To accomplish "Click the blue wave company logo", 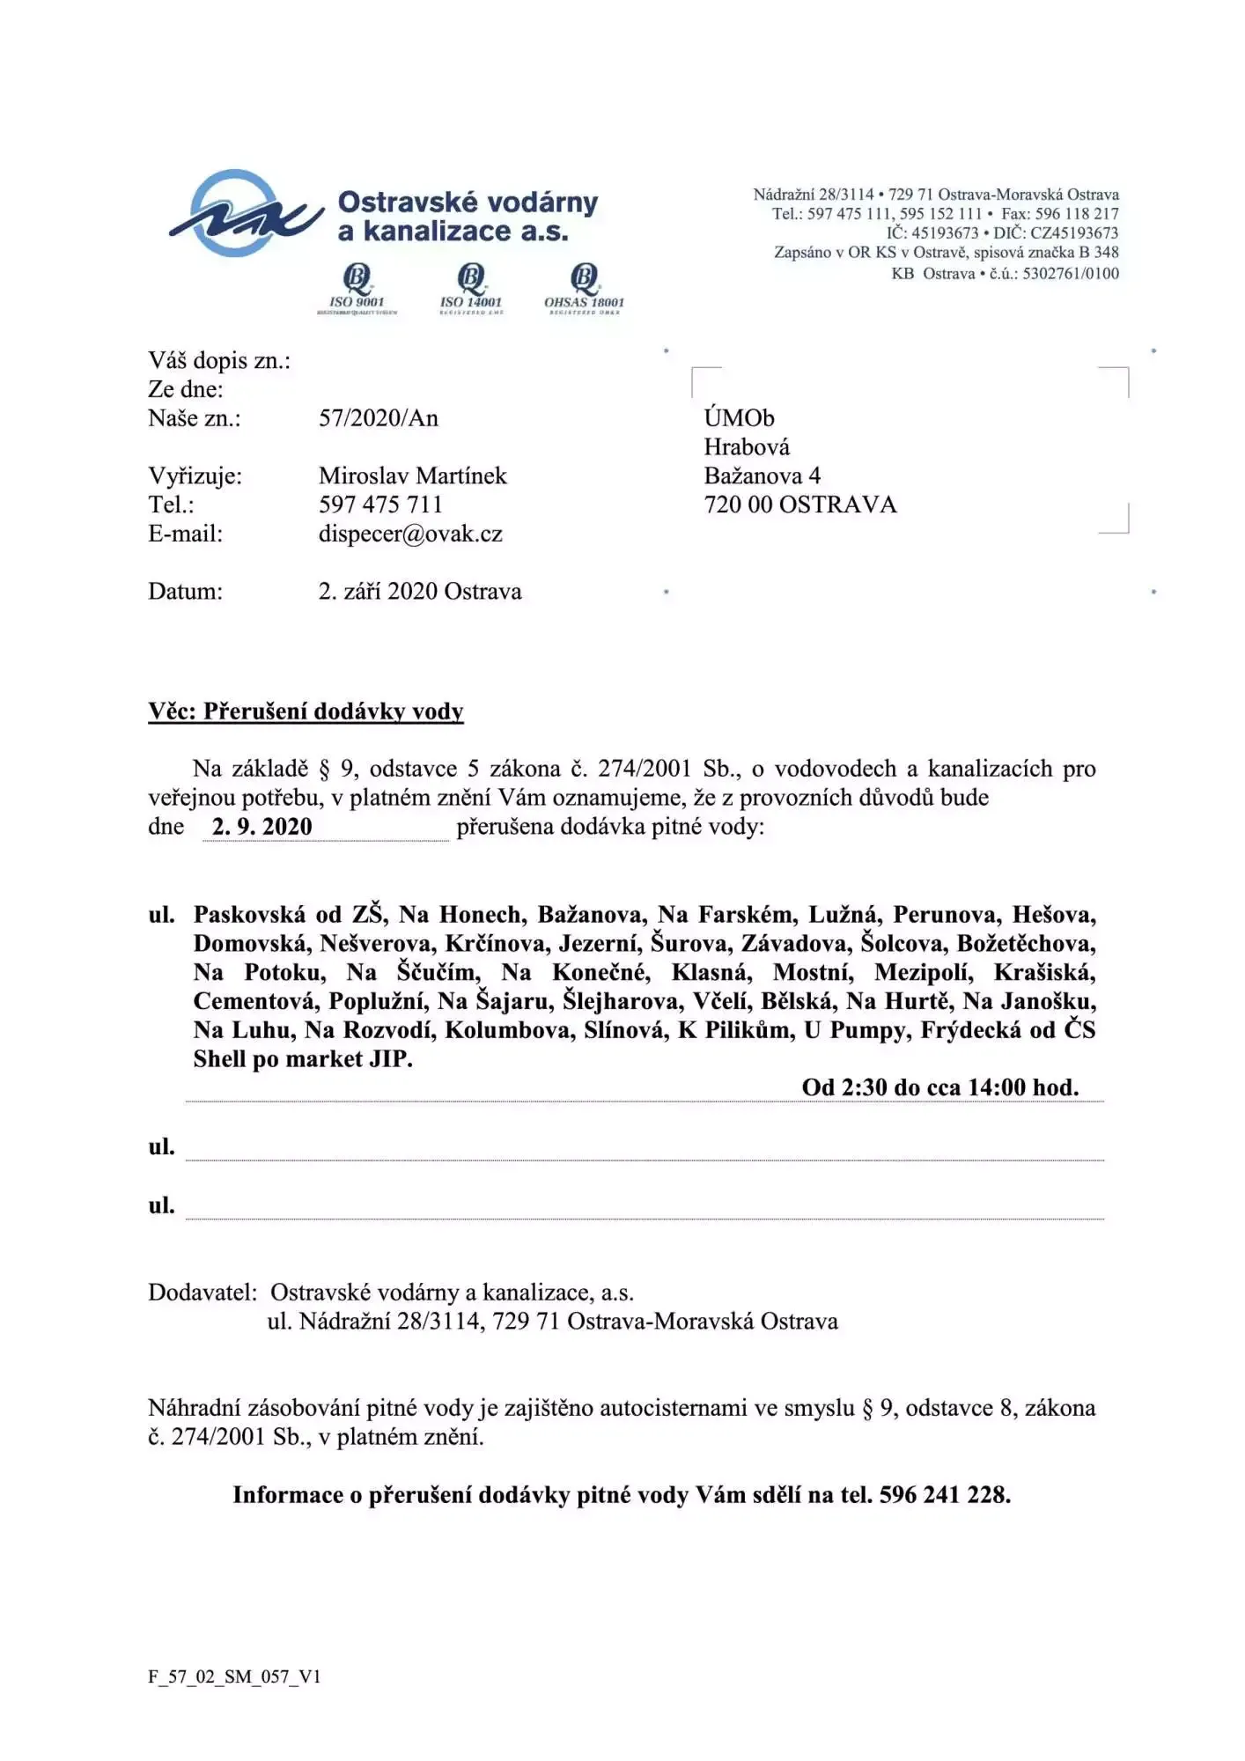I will [x=242, y=214].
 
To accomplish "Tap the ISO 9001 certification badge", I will [x=357, y=287].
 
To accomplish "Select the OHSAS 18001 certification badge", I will [x=584, y=287].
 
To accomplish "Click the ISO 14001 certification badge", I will [x=471, y=287].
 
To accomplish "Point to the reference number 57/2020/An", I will [x=378, y=418].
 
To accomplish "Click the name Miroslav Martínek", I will [x=412, y=476].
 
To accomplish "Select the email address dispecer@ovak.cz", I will [x=410, y=534].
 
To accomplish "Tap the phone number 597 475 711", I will [x=380, y=505].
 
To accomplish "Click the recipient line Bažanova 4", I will [x=762, y=476].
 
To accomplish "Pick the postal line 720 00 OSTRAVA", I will [x=799, y=505].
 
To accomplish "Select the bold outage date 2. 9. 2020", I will [x=262, y=827].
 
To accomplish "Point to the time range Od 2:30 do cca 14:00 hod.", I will [x=939, y=1087].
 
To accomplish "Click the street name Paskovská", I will [x=250, y=915].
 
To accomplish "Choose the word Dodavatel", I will [x=202, y=1293].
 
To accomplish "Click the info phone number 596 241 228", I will [x=944, y=1495].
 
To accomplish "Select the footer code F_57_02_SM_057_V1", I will [x=234, y=1676].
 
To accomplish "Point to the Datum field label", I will [x=185, y=592].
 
